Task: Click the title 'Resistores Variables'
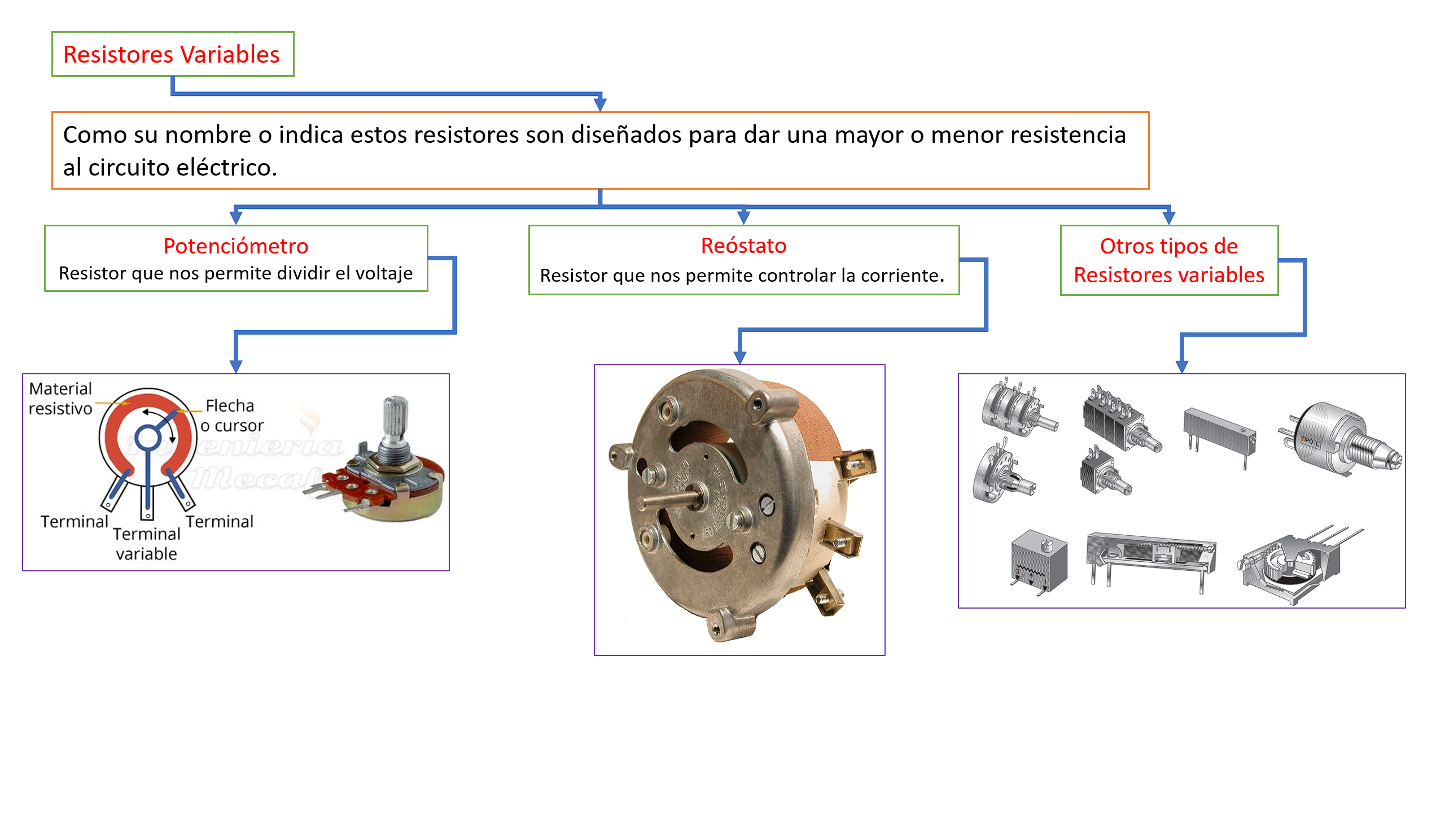tap(171, 55)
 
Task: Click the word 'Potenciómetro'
tap(235, 246)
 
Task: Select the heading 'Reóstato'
tap(743, 246)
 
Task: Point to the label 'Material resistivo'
tap(60, 399)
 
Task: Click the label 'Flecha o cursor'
tap(231, 415)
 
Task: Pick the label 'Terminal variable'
tap(146, 544)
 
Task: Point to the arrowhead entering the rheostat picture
tap(739, 357)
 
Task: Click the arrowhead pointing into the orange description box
tap(600, 104)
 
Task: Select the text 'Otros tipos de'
tap(1168, 246)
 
